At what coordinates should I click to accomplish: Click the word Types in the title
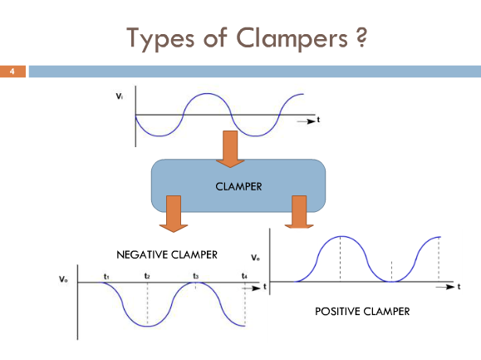coord(160,39)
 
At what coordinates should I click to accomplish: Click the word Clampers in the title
coord(292,38)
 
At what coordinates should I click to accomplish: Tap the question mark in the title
coord(361,37)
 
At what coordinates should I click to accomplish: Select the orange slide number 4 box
coord(12,72)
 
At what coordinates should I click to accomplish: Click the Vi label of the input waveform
coord(120,96)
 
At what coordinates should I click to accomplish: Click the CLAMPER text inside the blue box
coord(238,186)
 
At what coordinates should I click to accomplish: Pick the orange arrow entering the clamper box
coord(230,149)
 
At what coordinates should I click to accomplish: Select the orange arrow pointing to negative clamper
coord(174,214)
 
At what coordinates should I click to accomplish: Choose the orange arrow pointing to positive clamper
coord(299,212)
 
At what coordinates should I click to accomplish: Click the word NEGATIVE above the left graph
coord(142,254)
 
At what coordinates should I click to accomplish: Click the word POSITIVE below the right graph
coord(337,312)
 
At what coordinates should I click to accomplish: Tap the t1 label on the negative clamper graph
coord(106,277)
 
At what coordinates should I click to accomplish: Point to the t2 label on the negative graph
coord(147,276)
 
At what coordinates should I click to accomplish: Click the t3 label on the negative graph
coord(196,276)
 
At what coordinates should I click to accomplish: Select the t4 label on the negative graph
coord(244,276)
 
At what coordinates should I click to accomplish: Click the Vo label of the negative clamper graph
coord(63,279)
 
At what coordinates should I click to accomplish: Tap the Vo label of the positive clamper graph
coord(255,258)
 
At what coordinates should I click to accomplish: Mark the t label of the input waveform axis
coord(318,120)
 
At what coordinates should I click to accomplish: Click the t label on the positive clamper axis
coord(459,287)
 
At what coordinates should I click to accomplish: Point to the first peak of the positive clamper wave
coord(341,236)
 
